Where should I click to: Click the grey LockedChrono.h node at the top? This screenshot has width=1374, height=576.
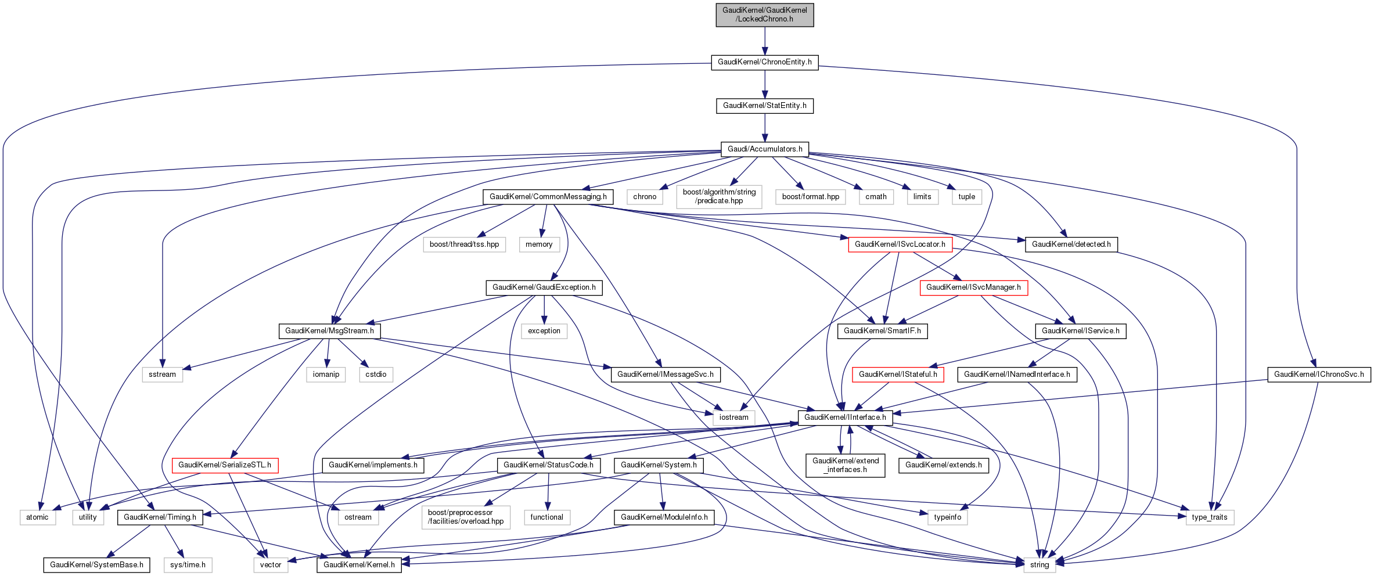tap(764, 15)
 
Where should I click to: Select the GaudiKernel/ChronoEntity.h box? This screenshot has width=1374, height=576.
tap(764, 62)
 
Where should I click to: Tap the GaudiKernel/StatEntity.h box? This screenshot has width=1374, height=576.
tap(764, 106)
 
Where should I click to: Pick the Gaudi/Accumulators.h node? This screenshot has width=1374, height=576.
tap(764, 149)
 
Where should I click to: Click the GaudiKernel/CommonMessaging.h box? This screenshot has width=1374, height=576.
tap(548, 197)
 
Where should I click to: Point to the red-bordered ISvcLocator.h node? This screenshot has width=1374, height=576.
tap(900, 244)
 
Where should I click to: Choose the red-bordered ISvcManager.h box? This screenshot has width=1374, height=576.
tap(973, 287)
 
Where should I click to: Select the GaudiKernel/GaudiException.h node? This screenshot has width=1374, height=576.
tap(544, 287)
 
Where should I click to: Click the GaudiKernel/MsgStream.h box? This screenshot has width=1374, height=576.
tap(329, 331)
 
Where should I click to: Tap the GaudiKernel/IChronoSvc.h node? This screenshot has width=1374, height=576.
tap(1319, 375)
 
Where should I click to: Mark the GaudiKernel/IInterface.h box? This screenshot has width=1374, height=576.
tap(845, 417)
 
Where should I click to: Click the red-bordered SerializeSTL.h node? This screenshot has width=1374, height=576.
tap(225, 465)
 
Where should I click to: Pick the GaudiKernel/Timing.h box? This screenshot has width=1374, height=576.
tap(160, 517)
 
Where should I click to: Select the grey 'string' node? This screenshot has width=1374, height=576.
tap(1039, 565)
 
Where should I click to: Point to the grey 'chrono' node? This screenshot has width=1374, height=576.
tap(645, 197)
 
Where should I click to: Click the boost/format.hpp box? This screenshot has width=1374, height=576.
tap(810, 197)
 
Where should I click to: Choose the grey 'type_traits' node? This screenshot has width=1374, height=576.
tap(1209, 517)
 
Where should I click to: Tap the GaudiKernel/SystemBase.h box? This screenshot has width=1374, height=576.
tap(96, 565)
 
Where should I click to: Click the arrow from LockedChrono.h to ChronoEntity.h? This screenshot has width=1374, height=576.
tap(764, 41)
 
